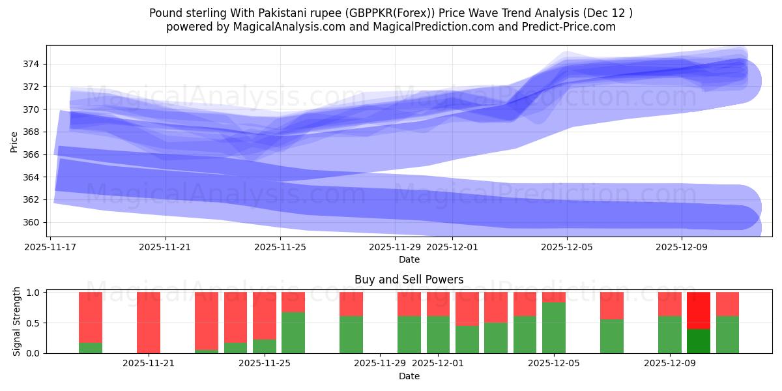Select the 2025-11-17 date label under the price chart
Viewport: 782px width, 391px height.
(x=50, y=247)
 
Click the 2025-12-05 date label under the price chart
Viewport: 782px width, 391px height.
(x=567, y=247)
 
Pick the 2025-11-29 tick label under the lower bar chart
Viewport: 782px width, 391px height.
(x=380, y=363)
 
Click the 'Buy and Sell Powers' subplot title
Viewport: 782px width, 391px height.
(x=409, y=280)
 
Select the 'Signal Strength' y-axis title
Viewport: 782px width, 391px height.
(x=17, y=322)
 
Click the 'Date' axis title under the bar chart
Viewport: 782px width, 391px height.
(x=409, y=376)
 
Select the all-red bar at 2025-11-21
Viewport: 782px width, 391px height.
(x=149, y=323)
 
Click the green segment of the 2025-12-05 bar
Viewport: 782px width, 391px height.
(x=554, y=328)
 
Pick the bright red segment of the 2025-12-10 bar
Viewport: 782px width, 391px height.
(x=699, y=310)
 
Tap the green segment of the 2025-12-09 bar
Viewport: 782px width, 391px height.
(x=670, y=334)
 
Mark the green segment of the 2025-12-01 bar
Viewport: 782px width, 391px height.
(x=438, y=334)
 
